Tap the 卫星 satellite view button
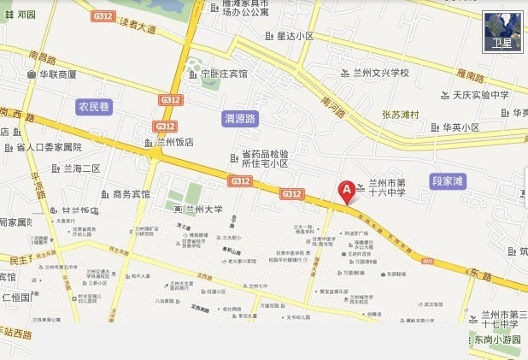pos(502,32)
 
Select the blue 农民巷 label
pos(95,107)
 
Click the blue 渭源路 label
pos(240,118)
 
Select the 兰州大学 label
pos(202,210)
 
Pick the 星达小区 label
pos(295,37)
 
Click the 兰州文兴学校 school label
pos(380,73)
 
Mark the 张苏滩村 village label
pos(400,114)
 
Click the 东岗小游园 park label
pos(497,339)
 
